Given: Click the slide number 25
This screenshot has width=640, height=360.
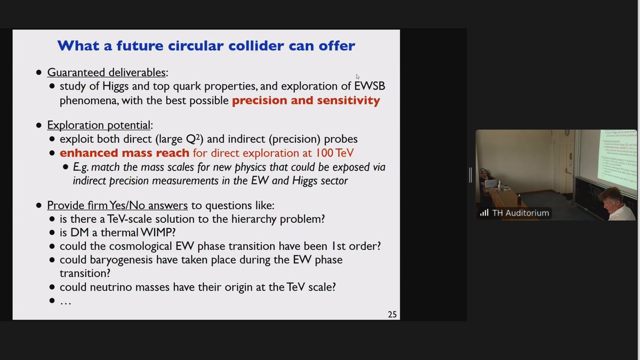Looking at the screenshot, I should click(x=392, y=314).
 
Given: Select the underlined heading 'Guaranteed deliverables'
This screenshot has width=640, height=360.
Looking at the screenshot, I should click(x=107, y=73).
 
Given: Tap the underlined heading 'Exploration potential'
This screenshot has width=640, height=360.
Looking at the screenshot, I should click(x=99, y=125).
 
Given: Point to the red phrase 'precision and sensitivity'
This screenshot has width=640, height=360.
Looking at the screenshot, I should click(x=306, y=100).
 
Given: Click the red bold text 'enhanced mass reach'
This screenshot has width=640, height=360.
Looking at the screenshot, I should click(x=124, y=153).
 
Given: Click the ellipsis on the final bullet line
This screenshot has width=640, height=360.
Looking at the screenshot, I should click(x=66, y=301).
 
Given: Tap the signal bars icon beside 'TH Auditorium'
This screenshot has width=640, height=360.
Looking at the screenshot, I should click(x=484, y=213).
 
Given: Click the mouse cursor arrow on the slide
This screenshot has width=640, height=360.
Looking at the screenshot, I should click(x=358, y=77).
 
